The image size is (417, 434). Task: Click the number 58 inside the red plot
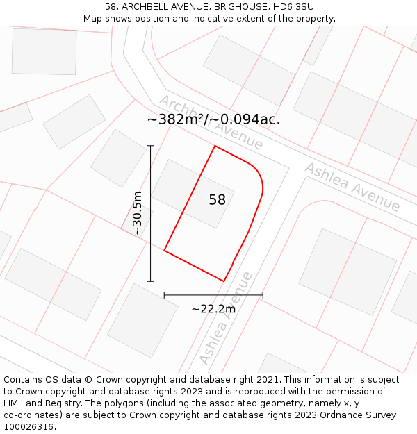[217, 200]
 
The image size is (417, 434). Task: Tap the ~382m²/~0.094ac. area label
[213, 119]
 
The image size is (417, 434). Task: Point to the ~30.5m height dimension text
[138, 213]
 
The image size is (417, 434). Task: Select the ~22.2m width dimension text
[213, 309]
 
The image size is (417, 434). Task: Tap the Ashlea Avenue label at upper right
[352, 187]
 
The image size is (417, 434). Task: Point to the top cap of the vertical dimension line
[150, 146]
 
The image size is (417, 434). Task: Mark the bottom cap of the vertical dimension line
[150, 281]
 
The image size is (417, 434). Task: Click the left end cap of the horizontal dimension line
[164, 295]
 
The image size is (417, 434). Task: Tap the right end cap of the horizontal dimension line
[263, 295]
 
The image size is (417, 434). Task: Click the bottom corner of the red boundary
[224, 281]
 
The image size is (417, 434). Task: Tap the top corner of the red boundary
[215, 146]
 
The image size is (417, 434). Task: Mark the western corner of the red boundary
[164, 250]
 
